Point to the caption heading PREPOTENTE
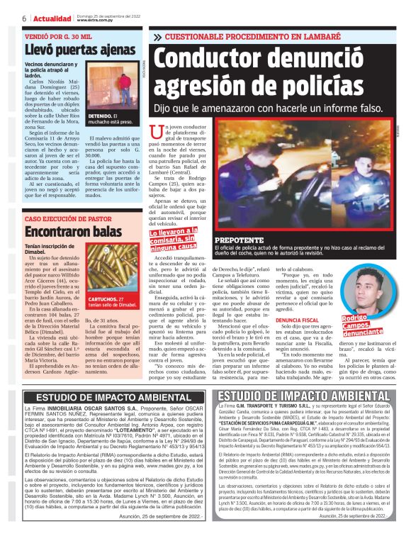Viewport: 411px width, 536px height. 245,240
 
